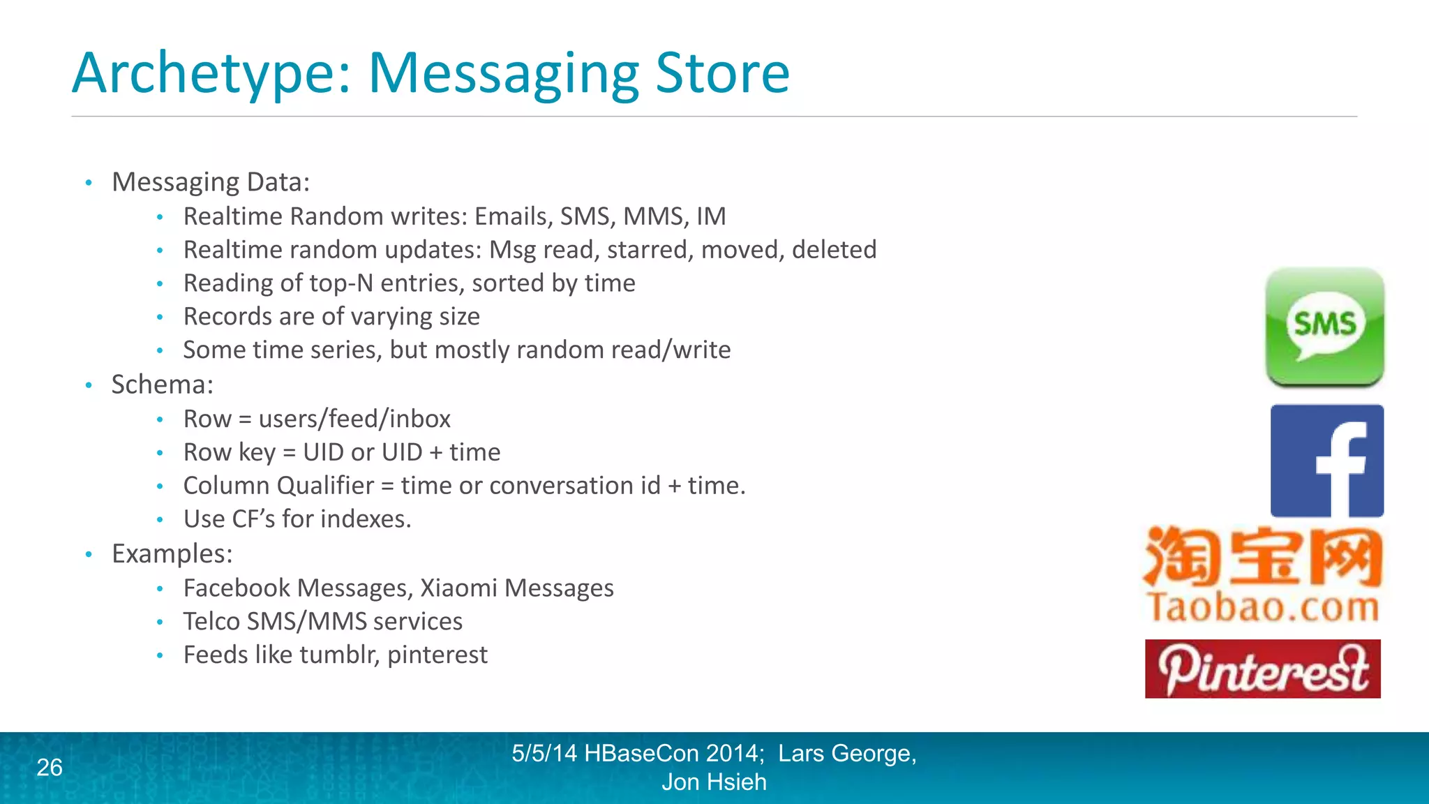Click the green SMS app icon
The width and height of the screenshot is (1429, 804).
pyautogui.click(x=1325, y=327)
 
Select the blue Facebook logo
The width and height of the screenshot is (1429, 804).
pyautogui.click(x=1326, y=461)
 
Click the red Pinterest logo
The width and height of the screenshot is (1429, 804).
pyautogui.click(x=1262, y=669)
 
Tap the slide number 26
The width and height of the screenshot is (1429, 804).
pyautogui.click(x=50, y=767)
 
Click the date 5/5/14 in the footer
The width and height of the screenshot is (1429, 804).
pyautogui.click(x=544, y=753)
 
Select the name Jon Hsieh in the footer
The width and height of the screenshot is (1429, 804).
pyautogui.click(x=714, y=782)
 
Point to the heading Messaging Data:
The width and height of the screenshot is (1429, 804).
pyautogui.click(x=211, y=182)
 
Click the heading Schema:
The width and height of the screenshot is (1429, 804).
pyautogui.click(x=163, y=385)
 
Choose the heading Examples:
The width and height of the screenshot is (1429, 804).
pyautogui.click(x=172, y=553)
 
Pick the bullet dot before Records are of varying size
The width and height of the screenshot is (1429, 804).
pyautogui.click(x=160, y=318)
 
